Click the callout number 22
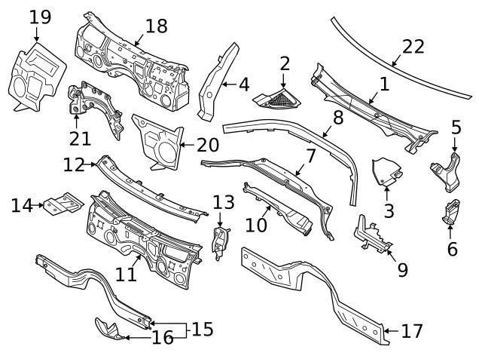click(x=413, y=47)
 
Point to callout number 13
click(x=224, y=201)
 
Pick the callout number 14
click(x=22, y=204)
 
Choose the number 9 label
click(x=402, y=269)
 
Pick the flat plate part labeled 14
click(x=62, y=204)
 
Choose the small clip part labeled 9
click(x=371, y=235)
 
